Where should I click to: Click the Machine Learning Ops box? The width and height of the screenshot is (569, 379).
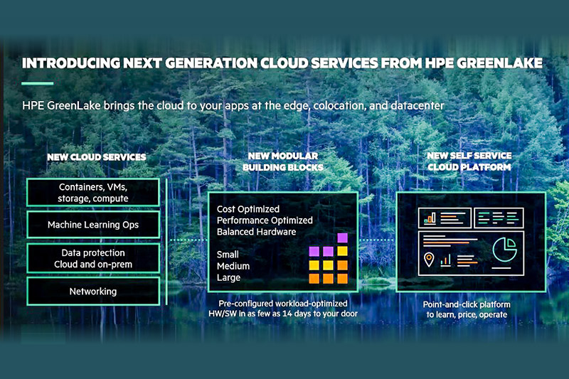click(x=93, y=225)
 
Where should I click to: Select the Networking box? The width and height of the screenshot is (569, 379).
click(x=93, y=292)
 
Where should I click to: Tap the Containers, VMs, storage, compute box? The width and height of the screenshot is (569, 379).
click(x=93, y=193)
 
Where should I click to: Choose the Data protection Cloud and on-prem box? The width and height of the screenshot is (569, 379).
click(x=93, y=258)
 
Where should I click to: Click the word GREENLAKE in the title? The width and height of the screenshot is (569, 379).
click(x=499, y=63)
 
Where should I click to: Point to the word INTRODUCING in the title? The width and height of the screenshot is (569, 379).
click(x=70, y=63)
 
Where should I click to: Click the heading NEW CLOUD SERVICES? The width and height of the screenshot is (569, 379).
click(x=97, y=157)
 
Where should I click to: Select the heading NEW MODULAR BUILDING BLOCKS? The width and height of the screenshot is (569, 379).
click(x=283, y=161)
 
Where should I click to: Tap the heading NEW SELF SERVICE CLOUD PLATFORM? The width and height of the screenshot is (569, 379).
click(x=469, y=161)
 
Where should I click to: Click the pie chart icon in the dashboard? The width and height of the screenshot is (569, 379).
click(x=505, y=250)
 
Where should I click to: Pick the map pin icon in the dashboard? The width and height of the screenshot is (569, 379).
click(x=429, y=260)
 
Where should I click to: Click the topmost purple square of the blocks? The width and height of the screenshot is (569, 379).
click(x=342, y=238)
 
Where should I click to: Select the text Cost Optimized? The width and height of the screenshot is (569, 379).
click(x=248, y=209)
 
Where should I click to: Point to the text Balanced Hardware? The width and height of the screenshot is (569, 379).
click(x=256, y=232)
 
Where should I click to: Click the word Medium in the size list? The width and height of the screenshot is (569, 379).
click(x=233, y=266)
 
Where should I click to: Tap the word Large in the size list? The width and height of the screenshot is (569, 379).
click(x=228, y=278)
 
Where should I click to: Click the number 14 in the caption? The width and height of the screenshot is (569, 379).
click(x=287, y=314)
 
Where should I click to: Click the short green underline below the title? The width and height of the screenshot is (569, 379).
click(x=38, y=83)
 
